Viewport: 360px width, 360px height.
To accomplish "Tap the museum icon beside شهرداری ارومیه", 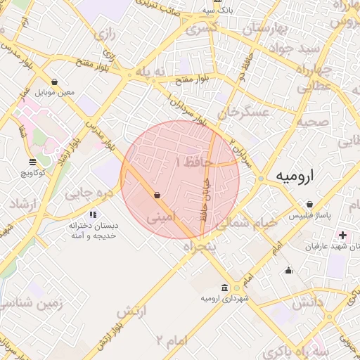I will click(224, 288).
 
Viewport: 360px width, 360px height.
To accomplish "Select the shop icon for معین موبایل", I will click(55, 82).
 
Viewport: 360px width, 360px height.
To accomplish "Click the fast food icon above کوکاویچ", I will click(33, 162).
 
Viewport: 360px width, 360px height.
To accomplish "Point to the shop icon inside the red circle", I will click(156, 195).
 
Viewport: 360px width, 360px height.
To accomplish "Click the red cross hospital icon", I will click(342, 234).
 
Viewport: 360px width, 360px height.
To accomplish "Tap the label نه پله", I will click(153, 73).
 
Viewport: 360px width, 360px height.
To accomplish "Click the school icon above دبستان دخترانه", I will click(93, 214).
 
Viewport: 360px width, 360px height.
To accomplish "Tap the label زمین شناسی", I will click(32, 304).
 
